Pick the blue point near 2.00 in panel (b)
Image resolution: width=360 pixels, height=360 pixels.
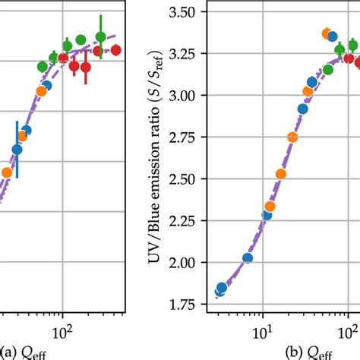(x=247, y=258)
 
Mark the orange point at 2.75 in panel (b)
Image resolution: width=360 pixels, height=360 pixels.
(x=292, y=137)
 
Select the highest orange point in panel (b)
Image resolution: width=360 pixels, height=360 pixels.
(x=327, y=33)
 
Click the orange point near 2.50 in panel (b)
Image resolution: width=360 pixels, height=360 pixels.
(x=281, y=174)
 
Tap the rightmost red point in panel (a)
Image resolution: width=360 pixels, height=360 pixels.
(x=115, y=50)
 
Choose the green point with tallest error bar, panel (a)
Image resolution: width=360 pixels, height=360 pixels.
(x=101, y=36)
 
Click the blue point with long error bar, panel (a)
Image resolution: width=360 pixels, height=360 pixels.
(x=17, y=150)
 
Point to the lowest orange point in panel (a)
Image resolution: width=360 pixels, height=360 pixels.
(x=6, y=172)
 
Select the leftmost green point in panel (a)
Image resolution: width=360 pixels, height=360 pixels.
(x=42, y=67)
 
